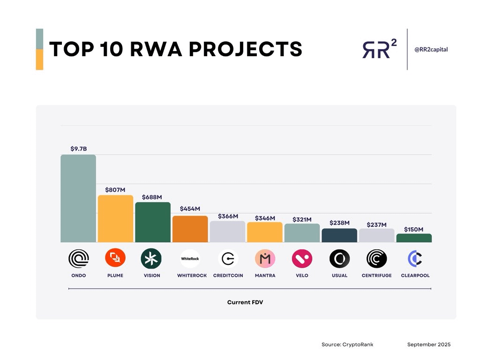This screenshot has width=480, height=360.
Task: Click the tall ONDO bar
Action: [x=78, y=198]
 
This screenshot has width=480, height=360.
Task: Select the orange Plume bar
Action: [x=115, y=218]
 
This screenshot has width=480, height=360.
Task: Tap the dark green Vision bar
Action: [x=153, y=222]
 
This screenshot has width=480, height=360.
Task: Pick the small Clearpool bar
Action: [x=414, y=238]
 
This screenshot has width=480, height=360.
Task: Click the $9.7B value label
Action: [x=78, y=149]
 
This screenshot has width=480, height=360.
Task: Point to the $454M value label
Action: [x=190, y=209]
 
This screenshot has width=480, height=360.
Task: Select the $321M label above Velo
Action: [x=302, y=219]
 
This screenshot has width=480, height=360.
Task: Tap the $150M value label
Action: [x=413, y=230]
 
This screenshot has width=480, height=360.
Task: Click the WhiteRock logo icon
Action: [x=190, y=259]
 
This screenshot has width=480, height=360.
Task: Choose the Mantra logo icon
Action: [x=265, y=259]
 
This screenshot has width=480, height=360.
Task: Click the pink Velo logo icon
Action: [x=302, y=259]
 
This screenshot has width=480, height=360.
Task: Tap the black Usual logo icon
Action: [x=339, y=259]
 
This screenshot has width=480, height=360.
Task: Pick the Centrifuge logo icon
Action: [x=376, y=259]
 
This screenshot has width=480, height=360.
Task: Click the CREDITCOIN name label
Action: [x=228, y=276]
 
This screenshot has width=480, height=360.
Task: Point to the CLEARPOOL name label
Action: [x=415, y=276]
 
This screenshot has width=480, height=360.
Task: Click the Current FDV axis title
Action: [x=245, y=302]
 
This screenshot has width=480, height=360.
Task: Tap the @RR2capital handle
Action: [x=431, y=49]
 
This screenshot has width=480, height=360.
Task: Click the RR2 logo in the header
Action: [x=379, y=48]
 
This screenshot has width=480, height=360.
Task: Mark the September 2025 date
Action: [x=429, y=345]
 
